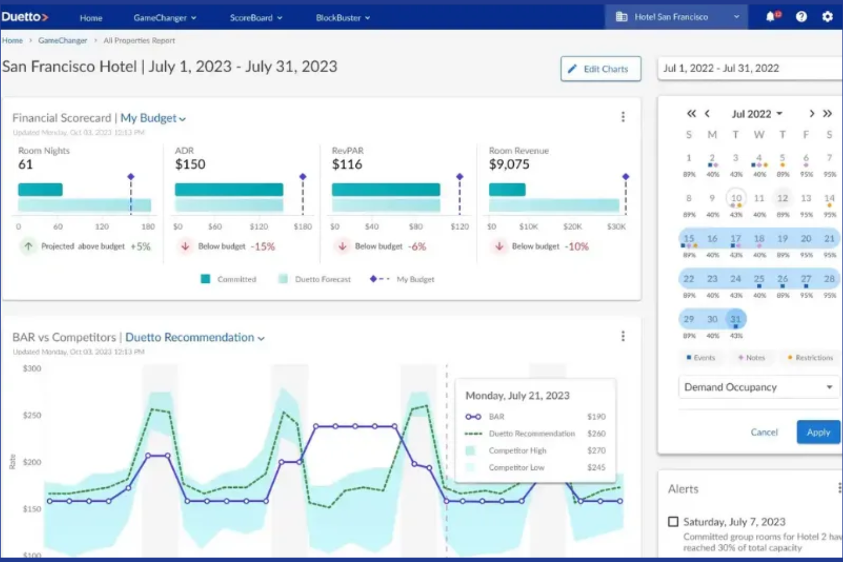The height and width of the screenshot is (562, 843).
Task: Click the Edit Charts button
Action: [600, 69]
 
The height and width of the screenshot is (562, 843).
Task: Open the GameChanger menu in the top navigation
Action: [165, 18]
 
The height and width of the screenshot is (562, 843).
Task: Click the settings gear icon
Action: [827, 17]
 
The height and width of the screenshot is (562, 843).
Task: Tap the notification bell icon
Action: [771, 17]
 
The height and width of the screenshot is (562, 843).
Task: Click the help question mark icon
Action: [801, 17]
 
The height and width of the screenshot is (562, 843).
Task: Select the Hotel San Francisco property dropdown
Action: [678, 17]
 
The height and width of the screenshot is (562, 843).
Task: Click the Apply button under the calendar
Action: [818, 432]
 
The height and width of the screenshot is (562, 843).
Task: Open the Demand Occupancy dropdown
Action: [758, 387]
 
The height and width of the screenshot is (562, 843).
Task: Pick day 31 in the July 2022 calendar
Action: [735, 319]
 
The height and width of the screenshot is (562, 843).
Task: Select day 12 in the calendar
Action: [783, 198]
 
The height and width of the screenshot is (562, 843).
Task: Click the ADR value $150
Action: [190, 165]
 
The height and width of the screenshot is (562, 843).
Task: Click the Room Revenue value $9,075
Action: [509, 165]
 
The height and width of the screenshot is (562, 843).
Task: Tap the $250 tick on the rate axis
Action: [32, 415]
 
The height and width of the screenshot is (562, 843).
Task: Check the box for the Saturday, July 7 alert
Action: [673, 522]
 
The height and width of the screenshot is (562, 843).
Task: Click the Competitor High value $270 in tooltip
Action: [596, 450]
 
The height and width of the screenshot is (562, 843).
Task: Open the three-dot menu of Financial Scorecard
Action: [623, 117]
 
